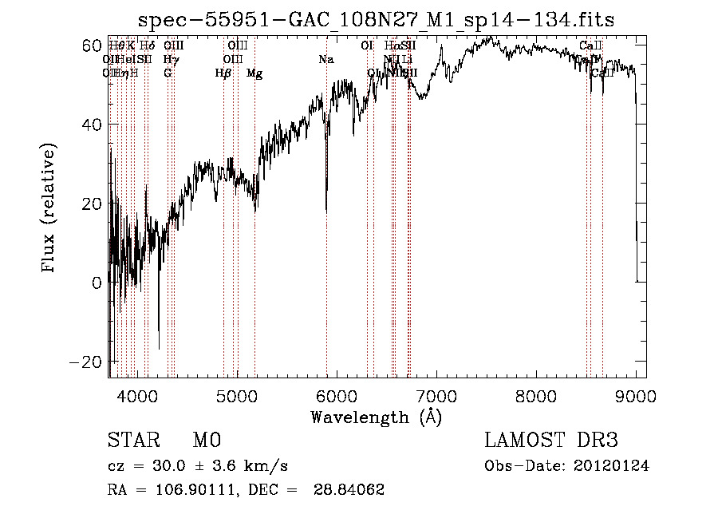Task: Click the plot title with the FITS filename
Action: tap(376, 20)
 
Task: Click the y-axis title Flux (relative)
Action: tap(49, 209)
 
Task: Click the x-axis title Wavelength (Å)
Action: tap(376, 417)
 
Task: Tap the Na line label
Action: tap(325, 60)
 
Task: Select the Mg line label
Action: tap(254, 73)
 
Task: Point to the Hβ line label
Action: tap(223, 73)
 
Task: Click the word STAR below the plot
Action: tap(131, 441)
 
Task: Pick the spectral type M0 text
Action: tap(207, 441)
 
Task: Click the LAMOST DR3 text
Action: tap(551, 441)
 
